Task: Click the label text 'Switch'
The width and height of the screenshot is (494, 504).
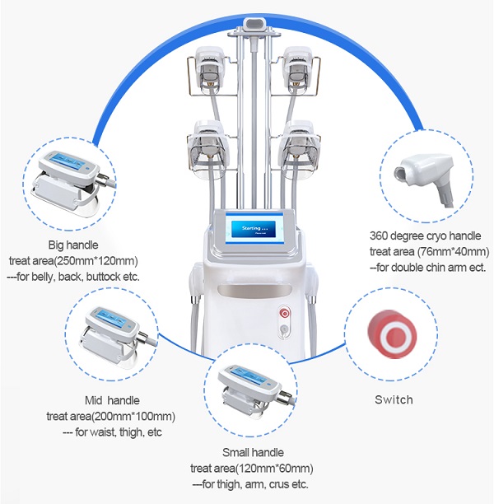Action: [x=394, y=400]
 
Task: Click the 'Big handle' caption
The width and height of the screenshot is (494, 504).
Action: [x=74, y=245]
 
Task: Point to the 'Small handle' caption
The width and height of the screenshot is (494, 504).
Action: [x=253, y=453]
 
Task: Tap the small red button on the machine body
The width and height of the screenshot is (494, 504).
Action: [x=284, y=313]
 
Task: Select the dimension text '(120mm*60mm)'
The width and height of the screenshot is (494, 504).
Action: [x=271, y=468]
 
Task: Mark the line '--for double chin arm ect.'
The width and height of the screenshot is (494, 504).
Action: [x=428, y=268]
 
